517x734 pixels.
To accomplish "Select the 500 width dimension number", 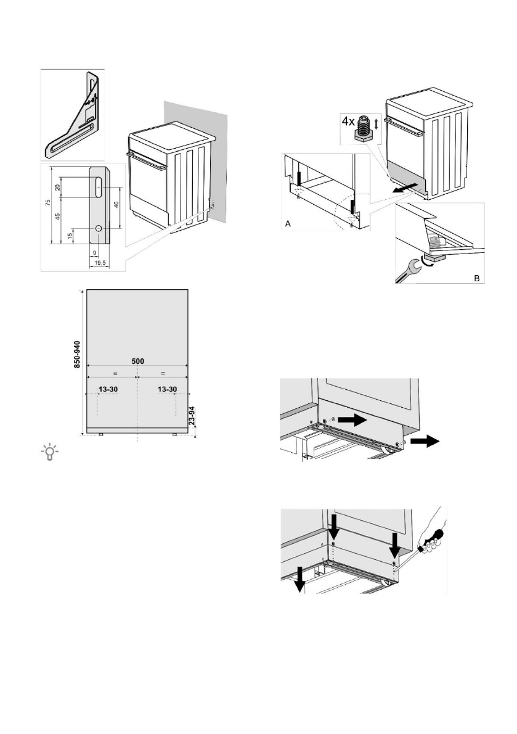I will pyautogui.click(x=137, y=361).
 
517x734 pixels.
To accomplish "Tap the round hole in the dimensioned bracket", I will pyautogui.click(x=98, y=228).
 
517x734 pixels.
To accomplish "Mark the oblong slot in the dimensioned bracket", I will pyautogui.click(x=98, y=183).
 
